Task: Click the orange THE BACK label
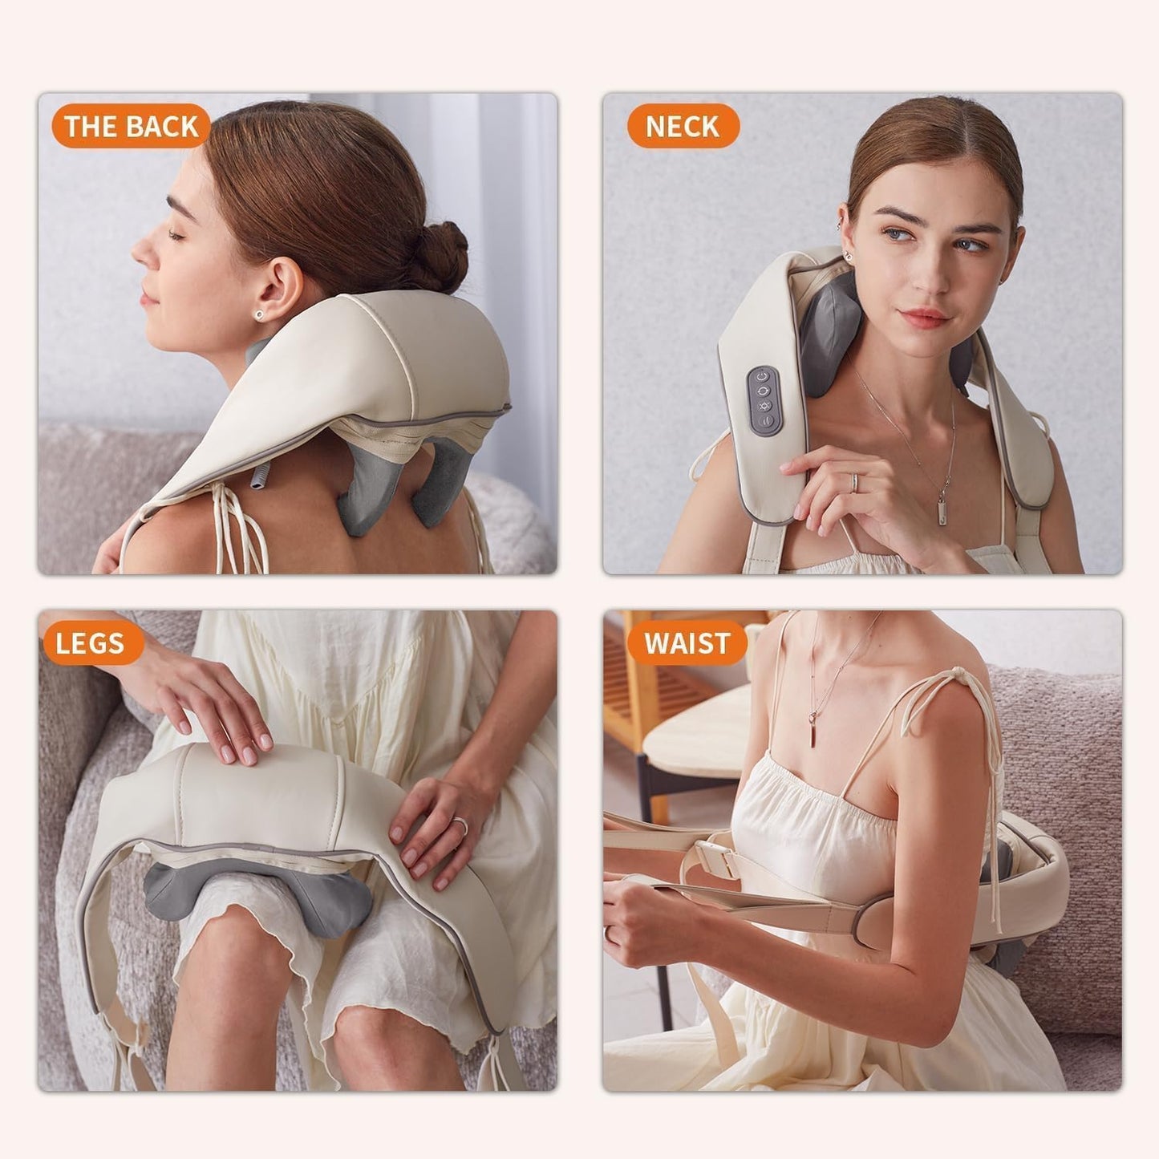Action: [x=131, y=126]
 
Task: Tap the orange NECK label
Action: [x=682, y=126]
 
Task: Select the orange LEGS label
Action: [x=90, y=643]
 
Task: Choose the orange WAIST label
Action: [x=687, y=643]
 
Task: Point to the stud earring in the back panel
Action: [x=259, y=315]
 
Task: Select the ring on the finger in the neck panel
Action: [x=855, y=481]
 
